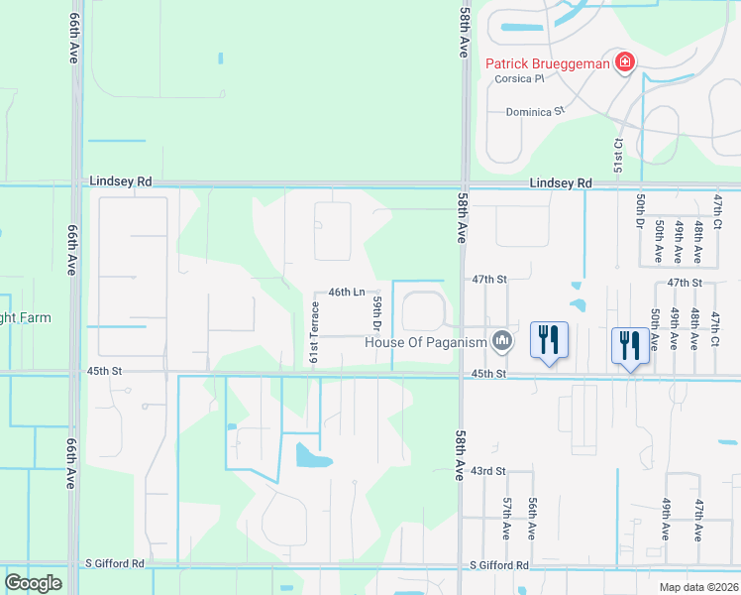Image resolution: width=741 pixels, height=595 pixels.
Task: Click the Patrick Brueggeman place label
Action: click(x=546, y=65)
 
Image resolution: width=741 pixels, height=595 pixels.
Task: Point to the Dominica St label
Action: click(x=534, y=112)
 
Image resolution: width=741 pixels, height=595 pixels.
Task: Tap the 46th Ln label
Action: click(x=347, y=293)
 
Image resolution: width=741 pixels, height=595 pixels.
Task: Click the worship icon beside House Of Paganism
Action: click(x=503, y=342)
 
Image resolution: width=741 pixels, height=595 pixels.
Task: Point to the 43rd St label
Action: click(x=487, y=470)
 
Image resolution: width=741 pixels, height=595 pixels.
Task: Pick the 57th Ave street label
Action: click(x=505, y=518)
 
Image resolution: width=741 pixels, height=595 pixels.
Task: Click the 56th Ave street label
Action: click(x=532, y=518)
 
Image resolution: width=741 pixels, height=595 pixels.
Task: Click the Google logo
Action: click(x=34, y=583)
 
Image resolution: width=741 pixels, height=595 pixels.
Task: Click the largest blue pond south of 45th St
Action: click(x=312, y=456)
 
